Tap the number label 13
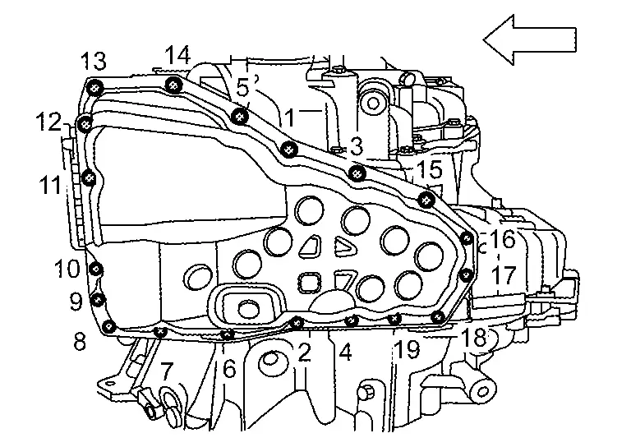(x=93, y=60)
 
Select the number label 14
(x=177, y=55)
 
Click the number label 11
(x=49, y=184)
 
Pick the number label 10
(x=67, y=268)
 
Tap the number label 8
(x=80, y=341)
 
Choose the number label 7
(x=166, y=371)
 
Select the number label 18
(x=474, y=337)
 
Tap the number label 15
(x=430, y=171)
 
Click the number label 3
(x=356, y=146)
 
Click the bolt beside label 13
(x=96, y=87)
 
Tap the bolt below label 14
(x=173, y=85)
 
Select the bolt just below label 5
(x=240, y=116)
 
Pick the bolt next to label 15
(x=426, y=198)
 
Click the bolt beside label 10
(x=97, y=270)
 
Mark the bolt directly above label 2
(x=296, y=323)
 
